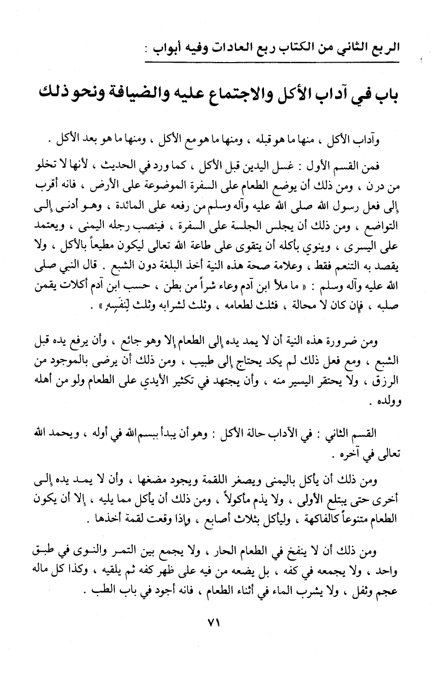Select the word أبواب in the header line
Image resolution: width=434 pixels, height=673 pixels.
[x=169, y=48]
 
